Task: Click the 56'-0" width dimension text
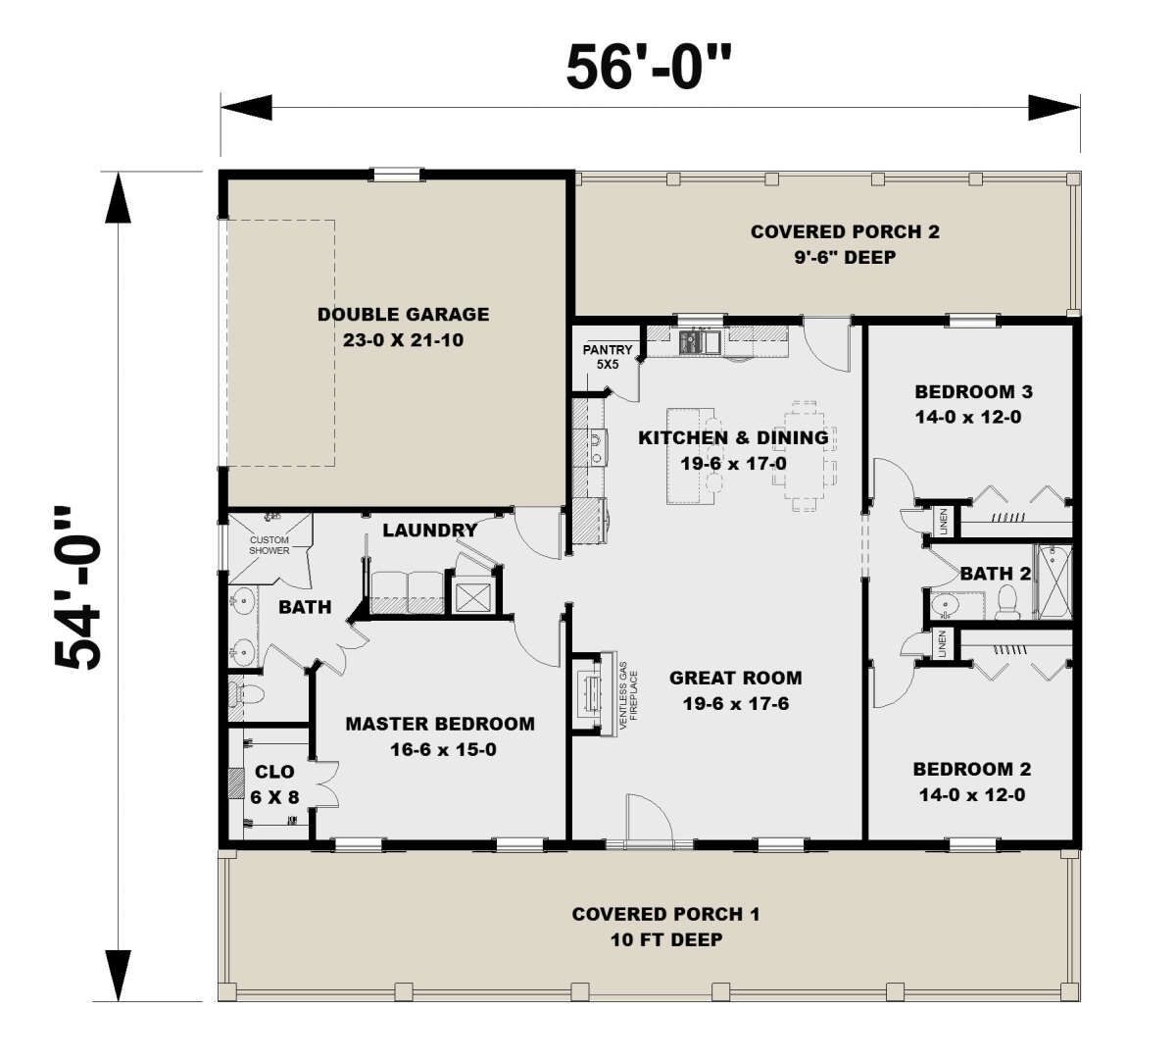point(649,69)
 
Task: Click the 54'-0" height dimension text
point(78,587)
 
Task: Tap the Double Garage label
point(404,327)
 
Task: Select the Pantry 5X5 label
point(608,357)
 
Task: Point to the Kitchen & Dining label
point(733,450)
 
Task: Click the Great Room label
point(736,690)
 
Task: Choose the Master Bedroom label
point(440,736)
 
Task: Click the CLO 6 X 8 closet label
point(274,784)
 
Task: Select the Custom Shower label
point(269,545)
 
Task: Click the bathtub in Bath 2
point(1054,581)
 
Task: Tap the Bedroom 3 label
point(973,404)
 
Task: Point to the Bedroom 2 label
point(972,782)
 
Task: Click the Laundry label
point(430,530)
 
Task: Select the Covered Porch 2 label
point(845,244)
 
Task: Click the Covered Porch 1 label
point(666,927)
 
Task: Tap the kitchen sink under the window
point(700,342)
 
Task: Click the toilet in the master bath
point(246,694)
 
